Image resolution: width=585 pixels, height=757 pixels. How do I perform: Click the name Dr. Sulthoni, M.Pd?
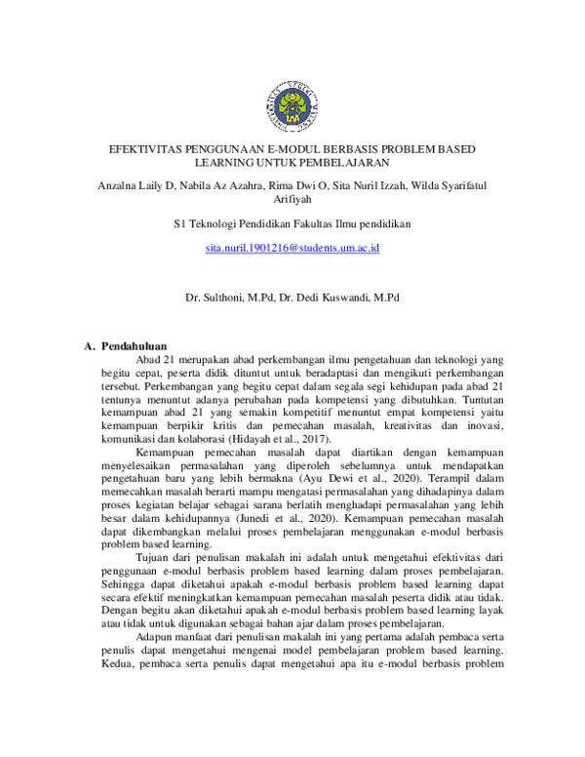232,294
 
